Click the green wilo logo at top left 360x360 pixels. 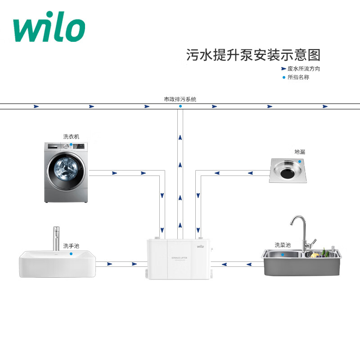[x=49, y=30]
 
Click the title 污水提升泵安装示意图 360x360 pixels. [x=253, y=55]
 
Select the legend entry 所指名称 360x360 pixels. [x=298, y=77]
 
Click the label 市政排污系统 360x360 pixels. [x=180, y=99]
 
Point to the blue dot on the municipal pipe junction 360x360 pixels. [x=180, y=107]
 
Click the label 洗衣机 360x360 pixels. [x=71, y=136]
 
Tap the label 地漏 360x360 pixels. [x=300, y=152]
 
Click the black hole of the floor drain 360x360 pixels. [x=288, y=170]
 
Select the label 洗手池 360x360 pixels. [x=71, y=246]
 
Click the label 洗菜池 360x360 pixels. [x=283, y=245]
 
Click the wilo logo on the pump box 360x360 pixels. [x=200, y=246]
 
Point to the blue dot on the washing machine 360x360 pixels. [x=71, y=145]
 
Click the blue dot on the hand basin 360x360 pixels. [x=71, y=254]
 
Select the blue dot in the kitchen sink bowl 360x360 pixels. [x=282, y=254]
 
